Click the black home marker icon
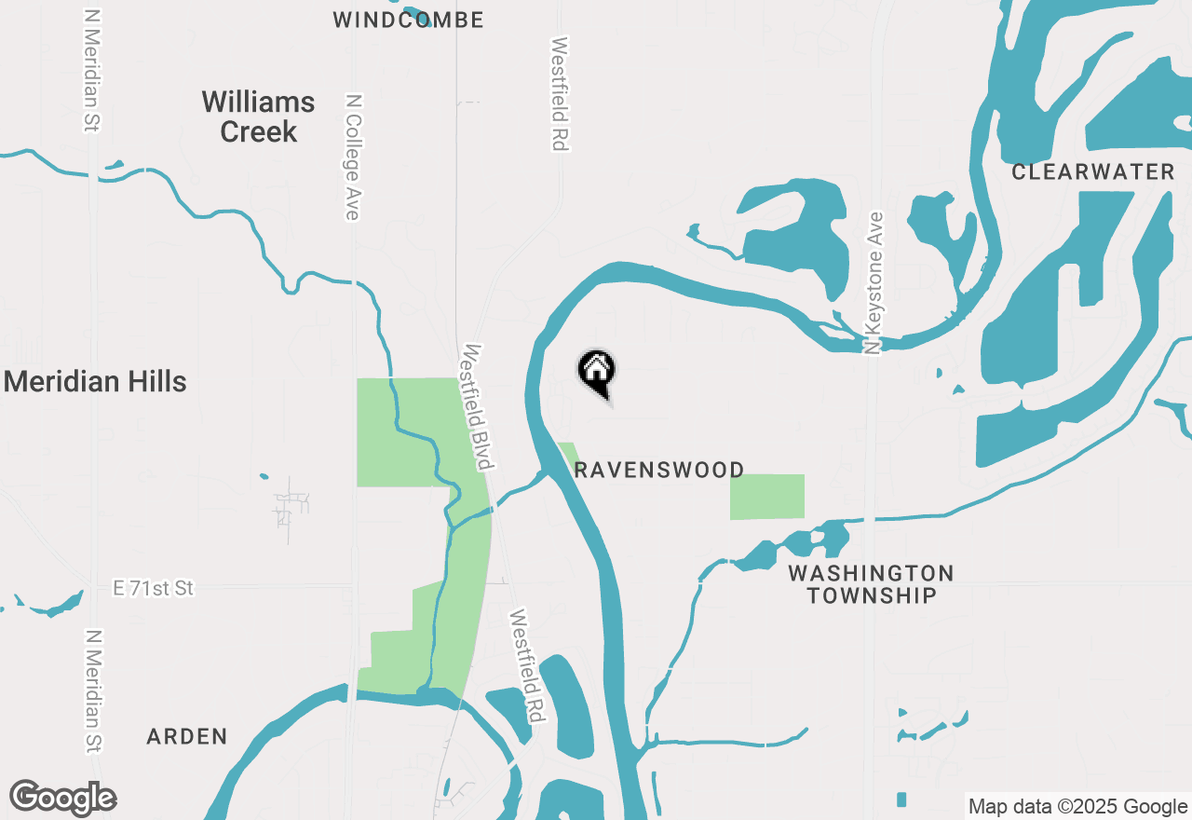pyautogui.click(x=597, y=373)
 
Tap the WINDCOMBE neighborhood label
pyautogui.click(x=408, y=20)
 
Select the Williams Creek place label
pyautogui.click(x=258, y=116)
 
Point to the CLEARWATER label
pyautogui.click(x=1093, y=171)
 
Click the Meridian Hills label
pyautogui.click(x=95, y=381)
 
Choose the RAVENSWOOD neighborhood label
pyautogui.click(x=659, y=470)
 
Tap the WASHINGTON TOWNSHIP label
pyautogui.click(x=871, y=584)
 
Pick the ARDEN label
pyautogui.click(x=187, y=736)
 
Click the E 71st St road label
pyautogui.click(x=153, y=588)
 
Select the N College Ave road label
pyautogui.click(x=352, y=157)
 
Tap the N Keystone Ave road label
pyautogui.click(x=873, y=282)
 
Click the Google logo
pyautogui.click(x=63, y=798)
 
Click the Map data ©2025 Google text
pyautogui.click(x=1078, y=807)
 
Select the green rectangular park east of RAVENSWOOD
pyautogui.click(x=766, y=497)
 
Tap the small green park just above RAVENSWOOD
pyautogui.click(x=566, y=454)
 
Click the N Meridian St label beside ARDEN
pyautogui.click(x=93, y=691)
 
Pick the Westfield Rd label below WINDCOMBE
pyautogui.click(x=560, y=93)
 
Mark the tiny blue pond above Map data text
pyautogui.click(x=901, y=799)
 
